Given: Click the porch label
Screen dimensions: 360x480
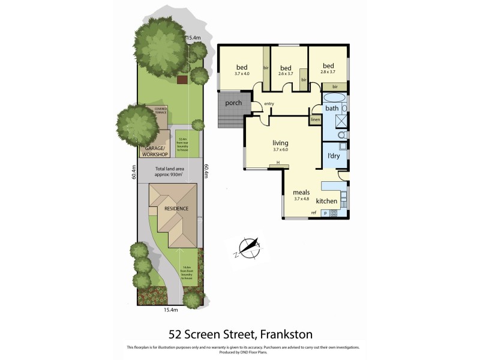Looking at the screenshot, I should pyautogui.click(x=233, y=103).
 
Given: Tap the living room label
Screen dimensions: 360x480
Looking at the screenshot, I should pyautogui.click(x=280, y=143).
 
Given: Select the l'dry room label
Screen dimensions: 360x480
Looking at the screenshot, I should pyautogui.click(x=334, y=156).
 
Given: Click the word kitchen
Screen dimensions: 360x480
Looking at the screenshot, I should pyautogui.click(x=327, y=201).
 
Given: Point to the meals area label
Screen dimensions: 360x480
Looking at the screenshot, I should pyautogui.click(x=301, y=193).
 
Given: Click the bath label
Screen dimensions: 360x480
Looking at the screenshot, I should pyautogui.click(x=332, y=109).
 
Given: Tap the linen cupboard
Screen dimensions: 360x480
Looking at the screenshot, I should pyautogui.click(x=316, y=119).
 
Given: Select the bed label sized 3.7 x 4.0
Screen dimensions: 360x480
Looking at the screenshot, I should pyautogui.click(x=242, y=67).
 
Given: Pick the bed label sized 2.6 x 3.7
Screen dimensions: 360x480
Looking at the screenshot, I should pyautogui.click(x=286, y=67).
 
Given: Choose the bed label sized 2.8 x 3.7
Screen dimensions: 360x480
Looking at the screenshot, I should pyautogui.click(x=328, y=66).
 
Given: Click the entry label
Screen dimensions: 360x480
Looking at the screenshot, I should pyautogui.click(x=269, y=104).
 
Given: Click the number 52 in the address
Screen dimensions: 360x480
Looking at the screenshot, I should pyautogui.click(x=175, y=334).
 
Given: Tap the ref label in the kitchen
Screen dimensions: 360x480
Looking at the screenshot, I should pyautogui.click(x=313, y=213).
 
